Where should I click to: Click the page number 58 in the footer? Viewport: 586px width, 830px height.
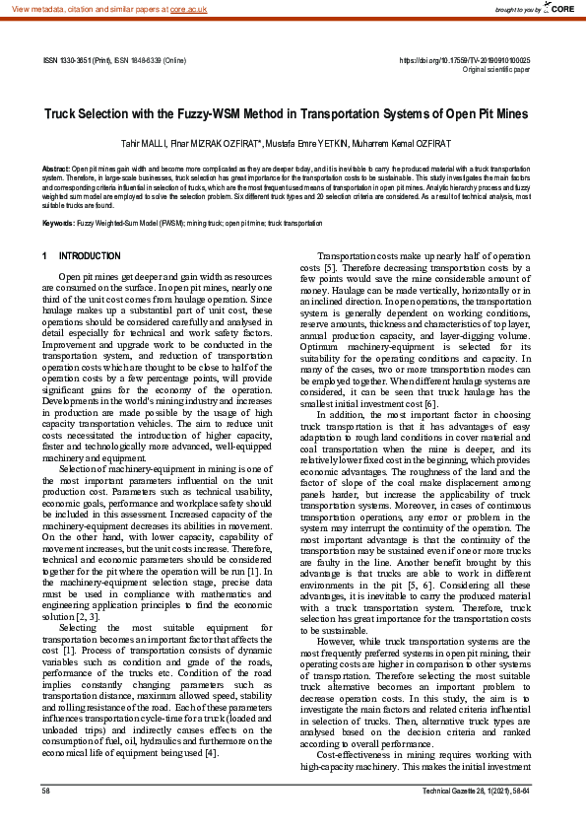pos(46,819)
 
